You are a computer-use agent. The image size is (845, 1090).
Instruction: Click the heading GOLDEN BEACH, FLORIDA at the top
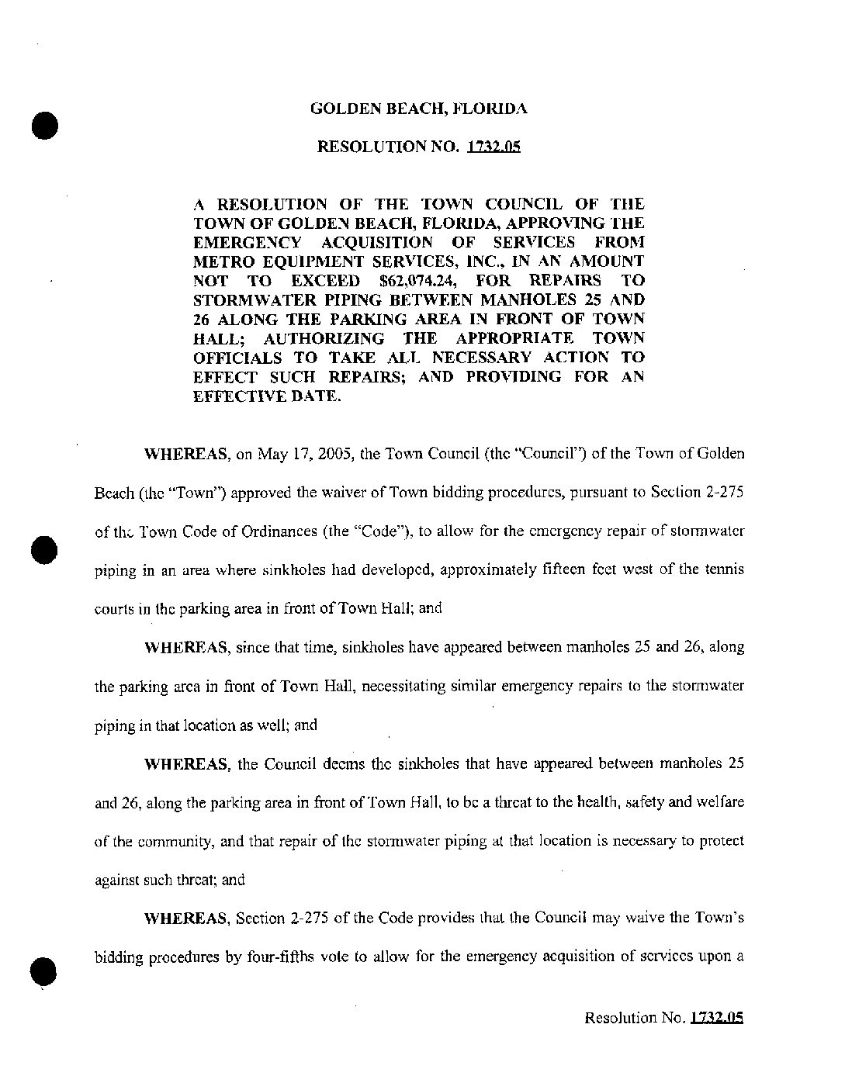[419, 109]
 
